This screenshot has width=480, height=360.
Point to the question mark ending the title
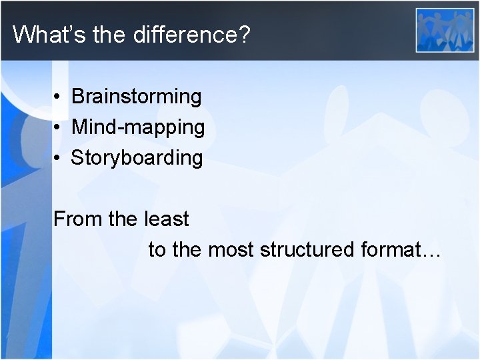coord(244,34)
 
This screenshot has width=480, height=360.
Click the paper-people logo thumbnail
coord(445,29)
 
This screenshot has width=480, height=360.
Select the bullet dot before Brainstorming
coord(59,97)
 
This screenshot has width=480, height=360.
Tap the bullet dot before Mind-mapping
coord(59,128)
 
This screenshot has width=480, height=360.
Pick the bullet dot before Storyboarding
coord(59,159)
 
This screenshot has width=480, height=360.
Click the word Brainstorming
coord(136,97)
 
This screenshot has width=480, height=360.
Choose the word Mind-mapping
coord(138,127)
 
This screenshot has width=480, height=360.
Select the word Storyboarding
coord(137,158)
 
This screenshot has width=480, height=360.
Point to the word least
coord(166,219)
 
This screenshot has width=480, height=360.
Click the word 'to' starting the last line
coord(157,250)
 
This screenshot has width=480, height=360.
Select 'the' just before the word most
coord(187,250)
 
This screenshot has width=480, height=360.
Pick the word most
coord(231,250)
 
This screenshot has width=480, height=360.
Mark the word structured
coord(307,250)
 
